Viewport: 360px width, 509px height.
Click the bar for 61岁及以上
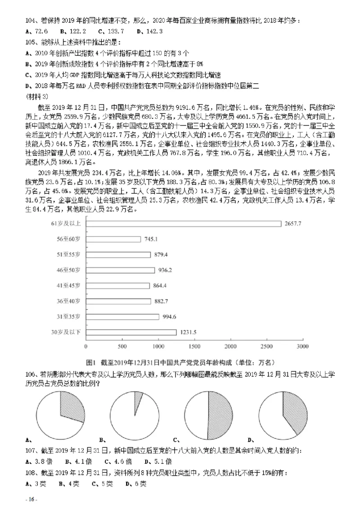(184, 223)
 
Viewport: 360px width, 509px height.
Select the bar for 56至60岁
(113, 239)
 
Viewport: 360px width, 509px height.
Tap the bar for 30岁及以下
(130, 332)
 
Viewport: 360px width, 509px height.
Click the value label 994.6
(171, 317)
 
